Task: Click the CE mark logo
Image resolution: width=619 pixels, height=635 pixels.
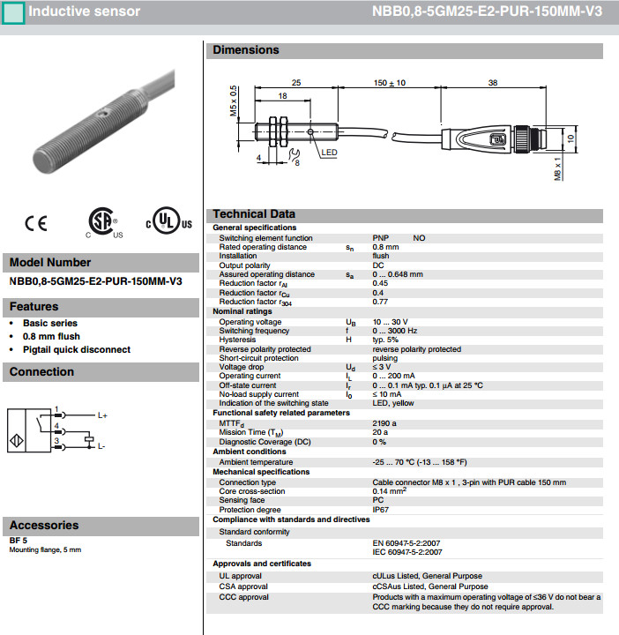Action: click(36, 223)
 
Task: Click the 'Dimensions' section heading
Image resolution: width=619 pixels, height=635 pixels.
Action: click(246, 50)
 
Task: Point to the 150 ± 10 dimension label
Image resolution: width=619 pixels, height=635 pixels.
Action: click(389, 82)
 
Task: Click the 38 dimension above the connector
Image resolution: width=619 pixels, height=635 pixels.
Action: click(493, 82)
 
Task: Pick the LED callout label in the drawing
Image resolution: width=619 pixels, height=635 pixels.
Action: click(329, 153)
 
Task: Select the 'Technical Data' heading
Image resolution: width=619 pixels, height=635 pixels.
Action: click(254, 214)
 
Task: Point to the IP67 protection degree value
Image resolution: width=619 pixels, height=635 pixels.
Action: click(381, 510)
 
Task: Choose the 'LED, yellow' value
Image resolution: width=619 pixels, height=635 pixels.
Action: click(393, 403)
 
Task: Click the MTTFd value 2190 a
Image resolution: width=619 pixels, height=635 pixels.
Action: click(385, 423)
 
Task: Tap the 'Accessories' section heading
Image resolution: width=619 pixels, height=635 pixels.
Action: click(44, 526)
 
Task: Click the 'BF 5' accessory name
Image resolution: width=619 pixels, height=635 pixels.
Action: click(19, 540)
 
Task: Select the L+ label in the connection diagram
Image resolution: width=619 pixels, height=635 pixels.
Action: click(102, 415)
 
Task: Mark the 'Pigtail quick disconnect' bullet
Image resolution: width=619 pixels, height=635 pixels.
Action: click(77, 349)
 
